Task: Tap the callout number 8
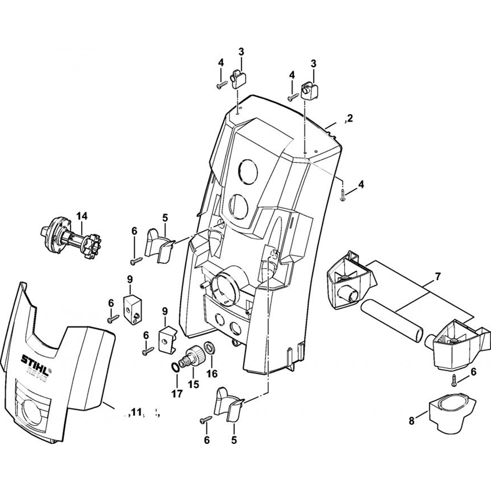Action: [411, 421]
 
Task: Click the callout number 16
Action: [211, 374]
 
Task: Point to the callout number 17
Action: [177, 393]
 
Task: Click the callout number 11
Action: [136, 412]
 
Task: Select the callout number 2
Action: [349, 118]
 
